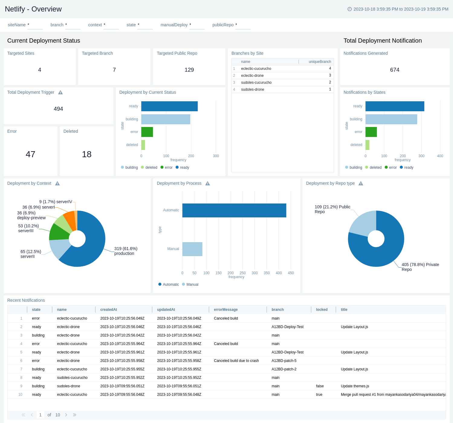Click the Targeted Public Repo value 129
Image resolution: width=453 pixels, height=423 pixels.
(x=189, y=70)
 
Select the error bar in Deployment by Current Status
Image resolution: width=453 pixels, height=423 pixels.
(x=147, y=132)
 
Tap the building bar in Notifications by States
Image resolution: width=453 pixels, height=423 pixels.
(x=391, y=119)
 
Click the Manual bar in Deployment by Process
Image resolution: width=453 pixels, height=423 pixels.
(x=192, y=249)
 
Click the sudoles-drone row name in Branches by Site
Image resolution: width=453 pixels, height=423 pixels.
(x=253, y=89)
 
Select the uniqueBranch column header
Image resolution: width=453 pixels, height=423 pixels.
(x=320, y=62)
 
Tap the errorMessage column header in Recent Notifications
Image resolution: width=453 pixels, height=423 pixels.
(x=226, y=310)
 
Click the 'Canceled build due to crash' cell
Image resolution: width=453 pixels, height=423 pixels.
(x=236, y=361)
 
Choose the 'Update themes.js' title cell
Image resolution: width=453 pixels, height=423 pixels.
(x=355, y=386)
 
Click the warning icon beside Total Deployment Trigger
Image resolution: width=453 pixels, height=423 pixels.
(x=60, y=93)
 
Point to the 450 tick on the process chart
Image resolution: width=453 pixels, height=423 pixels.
(x=291, y=273)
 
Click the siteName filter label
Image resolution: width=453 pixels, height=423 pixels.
(x=17, y=25)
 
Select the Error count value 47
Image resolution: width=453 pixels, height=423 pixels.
(x=31, y=155)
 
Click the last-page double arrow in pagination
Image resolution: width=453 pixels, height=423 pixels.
(x=75, y=415)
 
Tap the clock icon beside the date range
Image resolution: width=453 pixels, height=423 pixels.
(x=350, y=9)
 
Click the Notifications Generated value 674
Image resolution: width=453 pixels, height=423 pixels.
(x=395, y=70)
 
